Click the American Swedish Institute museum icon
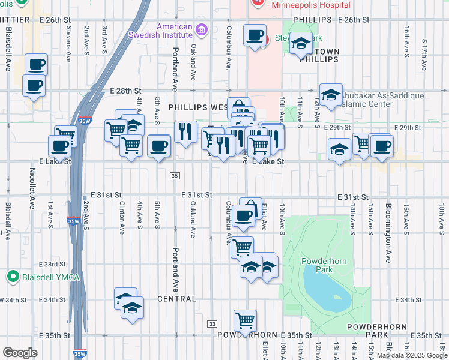[201, 29]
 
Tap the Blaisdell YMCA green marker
[11, 277]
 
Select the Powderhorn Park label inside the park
[325, 266]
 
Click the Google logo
[20, 353]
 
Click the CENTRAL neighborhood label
[178, 299]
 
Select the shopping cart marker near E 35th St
[246, 321]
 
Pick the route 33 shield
[212, 323]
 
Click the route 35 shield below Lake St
[175, 176]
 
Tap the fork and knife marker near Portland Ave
[185, 131]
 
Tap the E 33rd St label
[52, 264]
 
